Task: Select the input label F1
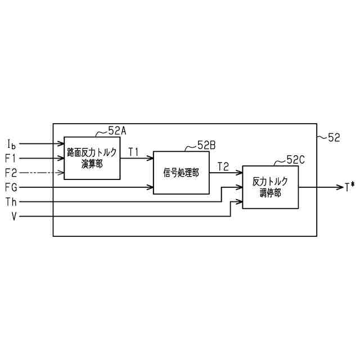(x=11, y=158)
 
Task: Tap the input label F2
(x=11, y=172)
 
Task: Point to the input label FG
(x=11, y=187)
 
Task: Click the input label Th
(x=11, y=201)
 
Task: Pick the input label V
(x=12, y=216)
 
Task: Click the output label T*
(x=349, y=187)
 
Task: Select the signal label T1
(x=134, y=152)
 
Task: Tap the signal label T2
(x=223, y=166)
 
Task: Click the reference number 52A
(x=117, y=130)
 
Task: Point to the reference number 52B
(x=206, y=145)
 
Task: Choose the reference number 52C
(x=295, y=160)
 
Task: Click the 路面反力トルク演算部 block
(x=92, y=157)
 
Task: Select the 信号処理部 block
(x=181, y=173)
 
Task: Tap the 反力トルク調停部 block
(x=270, y=187)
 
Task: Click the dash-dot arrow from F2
(x=42, y=172)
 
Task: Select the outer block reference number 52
(x=334, y=137)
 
